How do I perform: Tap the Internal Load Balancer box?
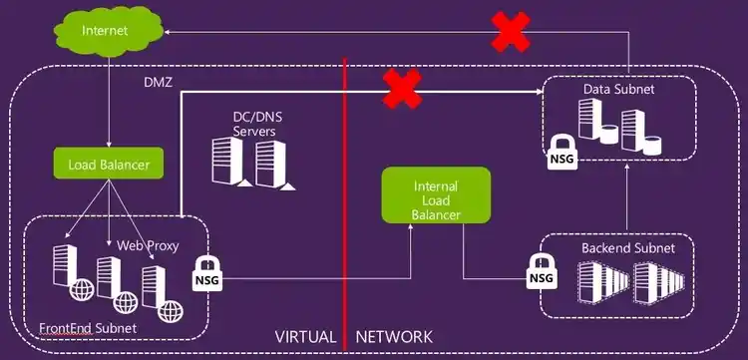click(437, 195)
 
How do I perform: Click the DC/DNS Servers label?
click(255, 125)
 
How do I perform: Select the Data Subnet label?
click(618, 90)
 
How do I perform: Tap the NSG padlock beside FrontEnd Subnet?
click(205, 274)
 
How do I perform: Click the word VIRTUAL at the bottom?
click(306, 337)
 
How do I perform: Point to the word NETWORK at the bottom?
click(394, 337)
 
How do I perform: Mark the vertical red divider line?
click(343, 199)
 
